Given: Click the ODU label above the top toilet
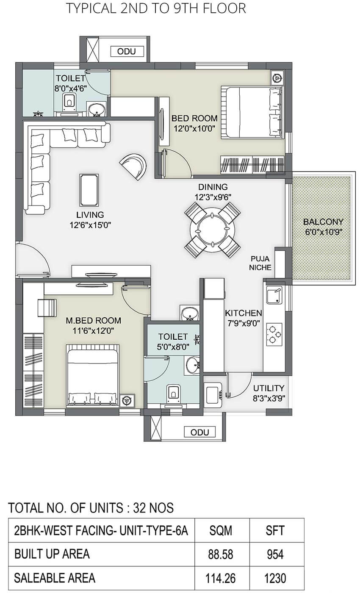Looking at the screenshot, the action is pyautogui.click(x=127, y=51).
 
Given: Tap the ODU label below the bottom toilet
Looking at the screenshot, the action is pyautogui.click(x=200, y=432).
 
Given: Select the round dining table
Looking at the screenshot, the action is pyautogui.click(x=212, y=230).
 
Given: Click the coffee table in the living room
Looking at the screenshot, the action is pyautogui.click(x=89, y=190).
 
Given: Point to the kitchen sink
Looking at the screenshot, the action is pyautogui.click(x=274, y=295).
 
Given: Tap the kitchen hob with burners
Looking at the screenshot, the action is pyautogui.click(x=274, y=334).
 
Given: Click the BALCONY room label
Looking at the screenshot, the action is pyautogui.click(x=323, y=222).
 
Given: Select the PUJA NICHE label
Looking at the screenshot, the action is pyautogui.click(x=260, y=263).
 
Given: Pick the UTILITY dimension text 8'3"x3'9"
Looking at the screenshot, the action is pyautogui.click(x=269, y=398).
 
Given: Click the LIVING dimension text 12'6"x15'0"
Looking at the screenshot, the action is pyautogui.click(x=90, y=225).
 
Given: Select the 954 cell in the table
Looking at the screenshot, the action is pyautogui.click(x=275, y=554).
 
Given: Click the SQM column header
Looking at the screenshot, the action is pyautogui.click(x=221, y=530).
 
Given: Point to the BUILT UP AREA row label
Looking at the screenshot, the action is pyautogui.click(x=52, y=554).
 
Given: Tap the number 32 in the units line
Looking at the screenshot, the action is pyautogui.click(x=139, y=508).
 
